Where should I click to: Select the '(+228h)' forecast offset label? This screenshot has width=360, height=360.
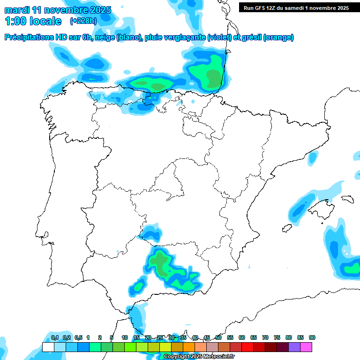[83, 21]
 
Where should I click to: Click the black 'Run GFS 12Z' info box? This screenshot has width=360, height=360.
[296, 7]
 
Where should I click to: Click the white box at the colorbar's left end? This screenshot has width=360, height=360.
[48, 347]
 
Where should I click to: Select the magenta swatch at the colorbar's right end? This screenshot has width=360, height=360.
[306, 347]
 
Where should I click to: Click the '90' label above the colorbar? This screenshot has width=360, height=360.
[312, 337]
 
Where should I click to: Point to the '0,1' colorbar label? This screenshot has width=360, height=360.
[55, 337]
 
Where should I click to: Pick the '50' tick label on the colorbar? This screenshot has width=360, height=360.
[218, 337]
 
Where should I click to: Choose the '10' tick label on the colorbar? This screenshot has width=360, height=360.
[125, 337]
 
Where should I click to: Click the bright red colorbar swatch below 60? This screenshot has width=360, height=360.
[247, 347]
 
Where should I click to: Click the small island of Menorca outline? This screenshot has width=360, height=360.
[347, 199]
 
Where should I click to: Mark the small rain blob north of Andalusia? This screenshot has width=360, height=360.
[151, 233]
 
